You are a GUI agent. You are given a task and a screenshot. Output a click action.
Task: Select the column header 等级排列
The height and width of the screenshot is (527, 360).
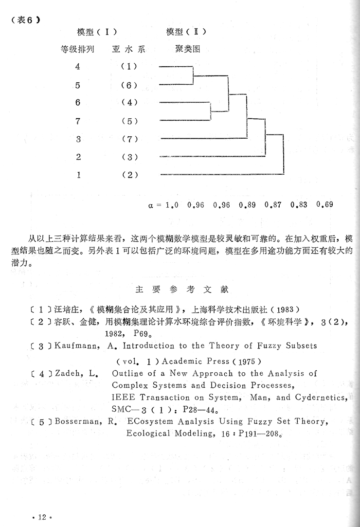pos(77,49)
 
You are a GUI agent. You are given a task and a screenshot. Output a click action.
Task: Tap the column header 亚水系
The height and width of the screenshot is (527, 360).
pos(128,49)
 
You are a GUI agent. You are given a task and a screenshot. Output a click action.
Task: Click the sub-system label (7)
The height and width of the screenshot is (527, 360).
pos(130,139)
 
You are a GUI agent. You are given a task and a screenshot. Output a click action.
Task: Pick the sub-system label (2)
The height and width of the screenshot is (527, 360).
pos(130,175)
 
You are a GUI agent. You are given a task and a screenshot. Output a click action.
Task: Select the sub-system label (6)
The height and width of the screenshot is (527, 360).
pos(130,85)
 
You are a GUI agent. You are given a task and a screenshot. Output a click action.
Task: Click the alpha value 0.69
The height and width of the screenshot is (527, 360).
pos(324,204)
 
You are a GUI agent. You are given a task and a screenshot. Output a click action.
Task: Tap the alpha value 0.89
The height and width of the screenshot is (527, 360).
pos(247,204)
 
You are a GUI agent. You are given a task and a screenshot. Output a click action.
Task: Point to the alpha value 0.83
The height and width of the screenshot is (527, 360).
pos(299,204)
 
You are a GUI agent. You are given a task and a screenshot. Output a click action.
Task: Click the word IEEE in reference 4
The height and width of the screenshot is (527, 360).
pos(121,397)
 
